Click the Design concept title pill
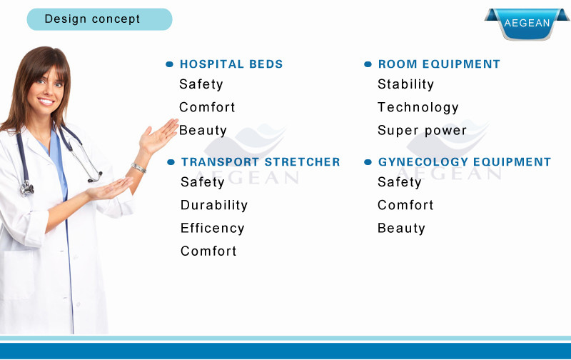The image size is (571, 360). click(99, 19)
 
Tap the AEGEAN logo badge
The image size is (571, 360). click(527, 24)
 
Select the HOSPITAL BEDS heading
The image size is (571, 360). click(231, 64)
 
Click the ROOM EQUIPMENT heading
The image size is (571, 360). click(439, 64)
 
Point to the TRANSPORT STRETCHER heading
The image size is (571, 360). click(261, 161)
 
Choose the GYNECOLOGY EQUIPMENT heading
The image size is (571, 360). click(465, 161)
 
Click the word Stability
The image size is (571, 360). click(405, 84)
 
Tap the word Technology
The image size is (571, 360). click(418, 107)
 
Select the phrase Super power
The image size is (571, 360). click(422, 131)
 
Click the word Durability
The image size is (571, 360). click(214, 205)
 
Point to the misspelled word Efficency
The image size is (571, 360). click(212, 228)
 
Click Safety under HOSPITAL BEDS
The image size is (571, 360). click(201, 84)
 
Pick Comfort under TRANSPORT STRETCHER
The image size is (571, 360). click(208, 251)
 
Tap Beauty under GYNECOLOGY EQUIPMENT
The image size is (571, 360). click(401, 228)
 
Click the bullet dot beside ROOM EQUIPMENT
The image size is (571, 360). click(368, 64)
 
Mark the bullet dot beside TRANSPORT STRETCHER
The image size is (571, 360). click(171, 162)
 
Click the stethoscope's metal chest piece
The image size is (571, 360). click(26, 189)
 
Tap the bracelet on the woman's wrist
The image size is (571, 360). click(138, 168)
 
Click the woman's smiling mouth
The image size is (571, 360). click(46, 101)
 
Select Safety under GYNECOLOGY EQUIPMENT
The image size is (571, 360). click(400, 182)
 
